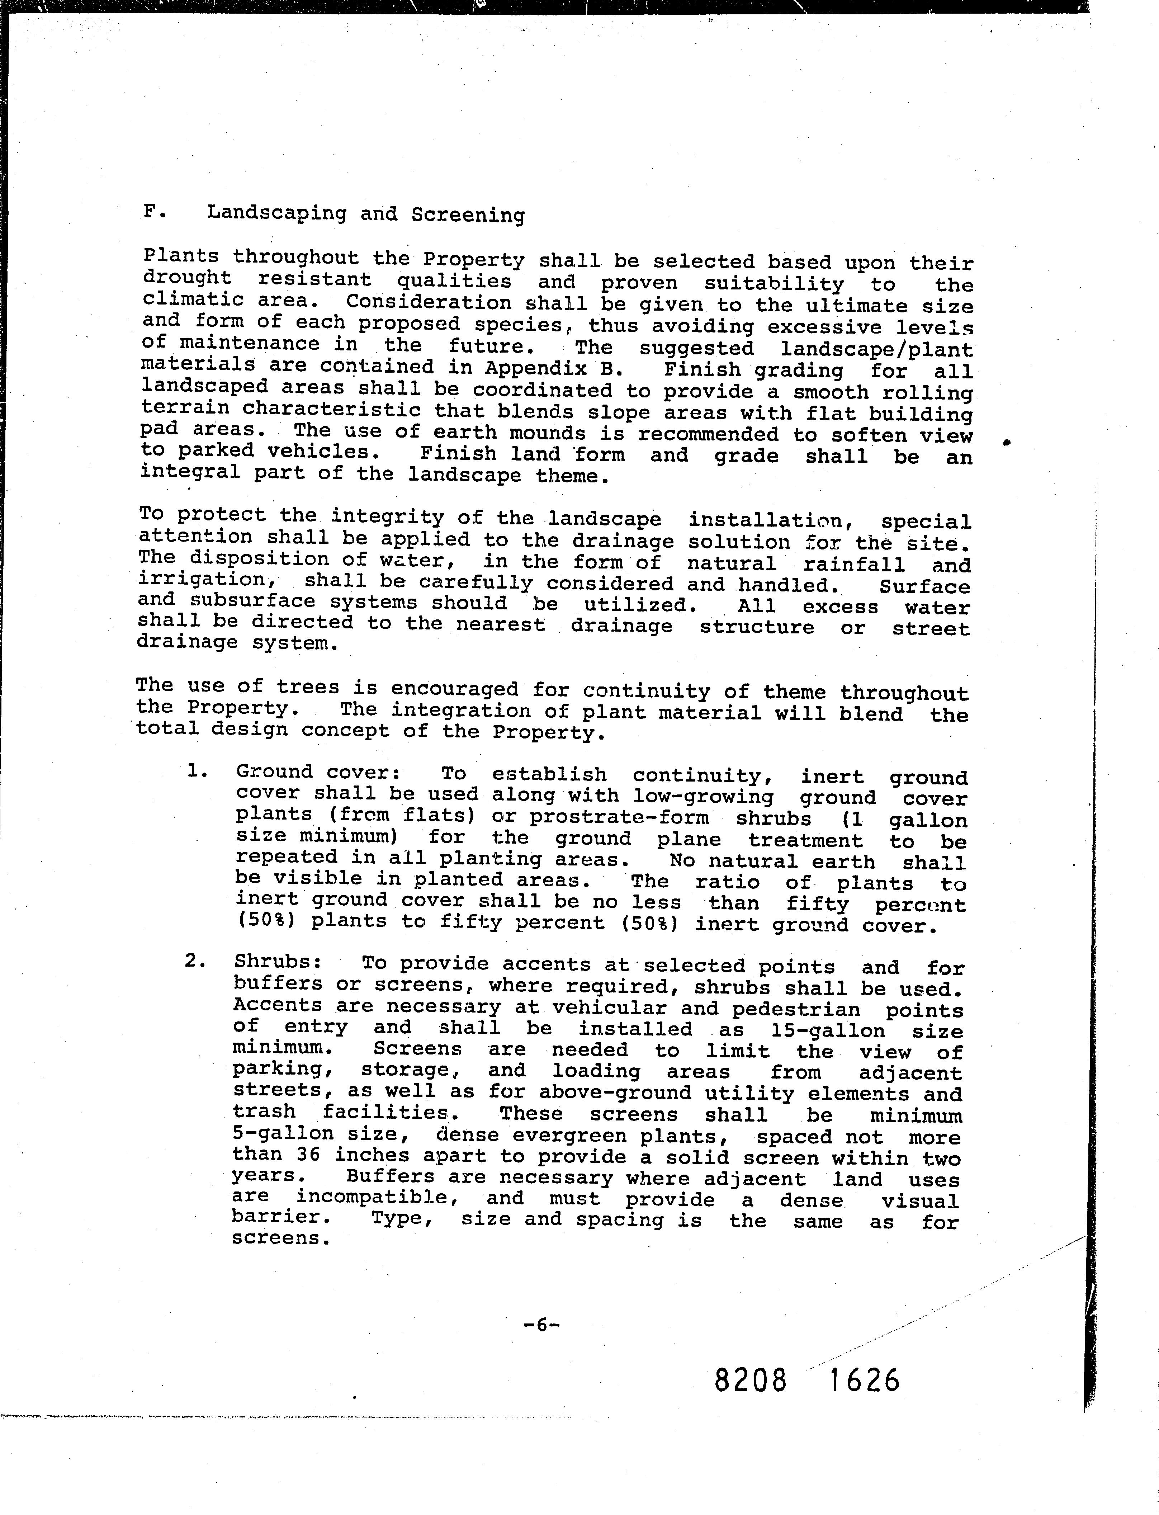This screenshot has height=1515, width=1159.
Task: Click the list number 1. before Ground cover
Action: (x=198, y=771)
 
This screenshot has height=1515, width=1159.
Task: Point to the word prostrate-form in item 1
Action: (x=620, y=818)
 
